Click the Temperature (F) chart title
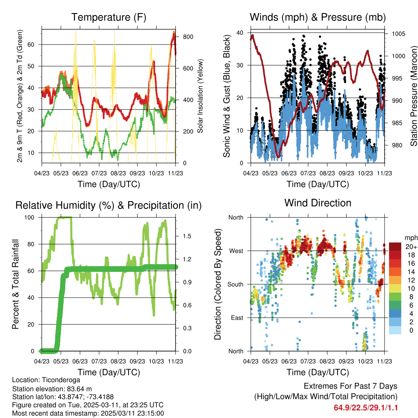[x=109, y=17]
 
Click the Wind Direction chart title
[x=318, y=203]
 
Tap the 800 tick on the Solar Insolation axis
[x=188, y=37]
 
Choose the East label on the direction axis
[x=236, y=318]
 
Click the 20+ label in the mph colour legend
[x=411, y=247]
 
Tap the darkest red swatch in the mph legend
[x=395, y=247]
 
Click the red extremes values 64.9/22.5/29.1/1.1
[x=366, y=408]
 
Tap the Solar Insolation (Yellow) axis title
[x=200, y=96]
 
